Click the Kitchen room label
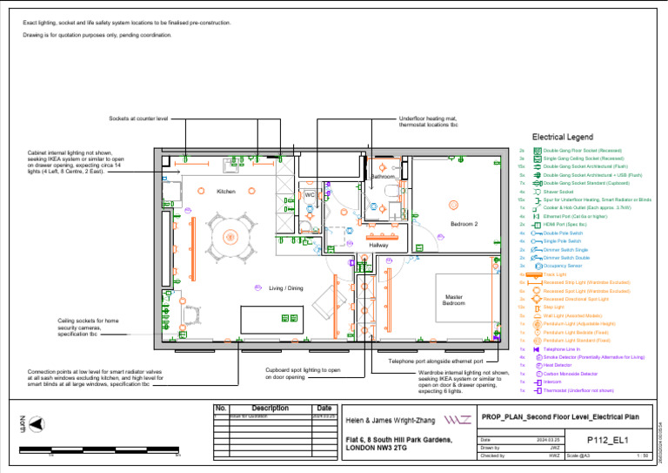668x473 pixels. tap(226, 192)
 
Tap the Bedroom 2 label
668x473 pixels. tap(464, 224)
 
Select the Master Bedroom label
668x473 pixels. tap(454, 300)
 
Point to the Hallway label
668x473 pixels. tap(379, 246)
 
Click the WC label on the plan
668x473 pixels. tap(310, 195)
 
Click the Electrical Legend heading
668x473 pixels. tap(562, 138)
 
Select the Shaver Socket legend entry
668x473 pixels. tap(558, 192)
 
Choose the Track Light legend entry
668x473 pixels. tap(554, 274)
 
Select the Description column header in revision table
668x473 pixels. tap(270, 408)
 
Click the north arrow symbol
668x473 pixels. tap(37, 424)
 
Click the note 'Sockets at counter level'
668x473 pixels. tap(138, 118)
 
